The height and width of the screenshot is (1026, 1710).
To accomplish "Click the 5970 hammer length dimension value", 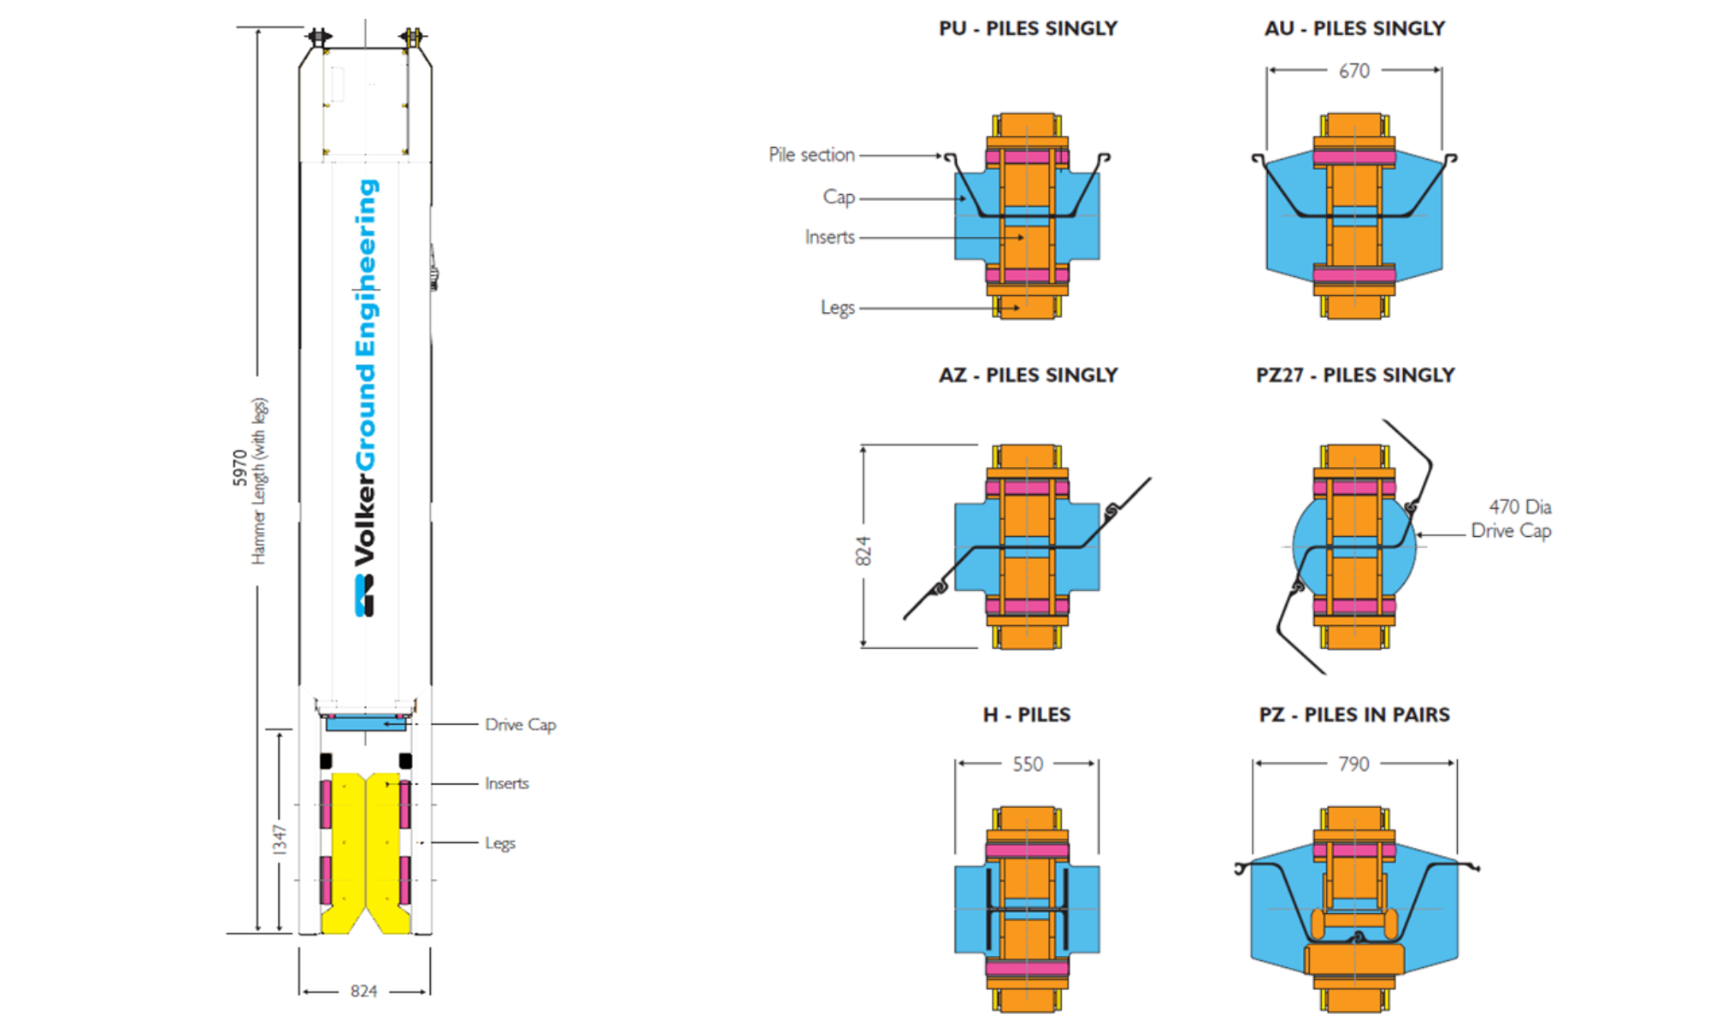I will [x=239, y=469].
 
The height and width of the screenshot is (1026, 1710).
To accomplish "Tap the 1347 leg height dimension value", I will [x=280, y=840].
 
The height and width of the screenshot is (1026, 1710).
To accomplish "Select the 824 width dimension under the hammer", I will [x=363, y=991].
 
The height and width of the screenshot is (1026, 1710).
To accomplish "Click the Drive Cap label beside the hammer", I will [x=520, y=724].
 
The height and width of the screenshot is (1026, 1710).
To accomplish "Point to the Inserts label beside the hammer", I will [x=506, y=783].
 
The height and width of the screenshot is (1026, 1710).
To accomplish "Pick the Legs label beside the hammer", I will [x=500, y=843].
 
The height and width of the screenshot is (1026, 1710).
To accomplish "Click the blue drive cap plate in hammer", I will [x=365, y=724].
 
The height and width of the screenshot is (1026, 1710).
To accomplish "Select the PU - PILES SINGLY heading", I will [x=1028, y=28].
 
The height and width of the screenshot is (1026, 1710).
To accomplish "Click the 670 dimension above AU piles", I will [x=1353, y=71].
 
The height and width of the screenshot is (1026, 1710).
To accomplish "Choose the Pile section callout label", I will [x=811, y=155].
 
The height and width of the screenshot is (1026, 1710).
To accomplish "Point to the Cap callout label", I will [x=839, y=197].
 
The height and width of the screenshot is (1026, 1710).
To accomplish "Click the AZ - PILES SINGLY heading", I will [x=1028, y=375].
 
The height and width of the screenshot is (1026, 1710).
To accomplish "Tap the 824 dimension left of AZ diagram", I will [x=864, y=551].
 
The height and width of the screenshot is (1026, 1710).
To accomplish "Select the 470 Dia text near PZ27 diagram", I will [x=1519, y=507].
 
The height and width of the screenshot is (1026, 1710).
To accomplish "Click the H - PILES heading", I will [x=1026, y=715].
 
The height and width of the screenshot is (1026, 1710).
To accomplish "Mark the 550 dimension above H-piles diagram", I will [x=1028, y=764].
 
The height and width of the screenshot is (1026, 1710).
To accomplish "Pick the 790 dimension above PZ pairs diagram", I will [x=1353, y=764].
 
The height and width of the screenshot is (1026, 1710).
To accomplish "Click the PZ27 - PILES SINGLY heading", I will [x=1354, y=375].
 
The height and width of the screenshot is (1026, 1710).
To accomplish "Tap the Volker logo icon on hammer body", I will [x=364, y=595].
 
